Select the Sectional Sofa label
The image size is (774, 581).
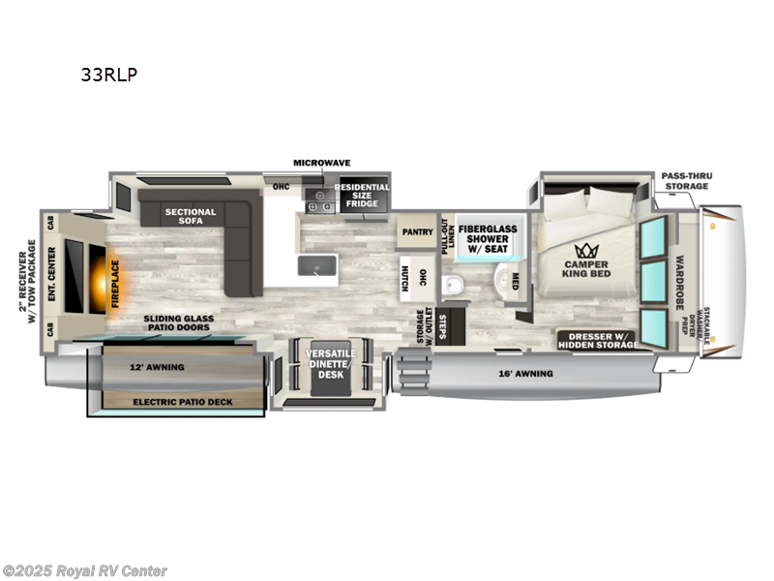click(191, 217)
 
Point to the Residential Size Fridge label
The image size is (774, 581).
click(362, 194)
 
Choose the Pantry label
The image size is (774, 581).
click(417, 232)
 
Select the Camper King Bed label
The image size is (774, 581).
click(587, 268)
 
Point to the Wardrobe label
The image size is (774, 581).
click(680, 278)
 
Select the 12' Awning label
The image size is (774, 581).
click(156, 368)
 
